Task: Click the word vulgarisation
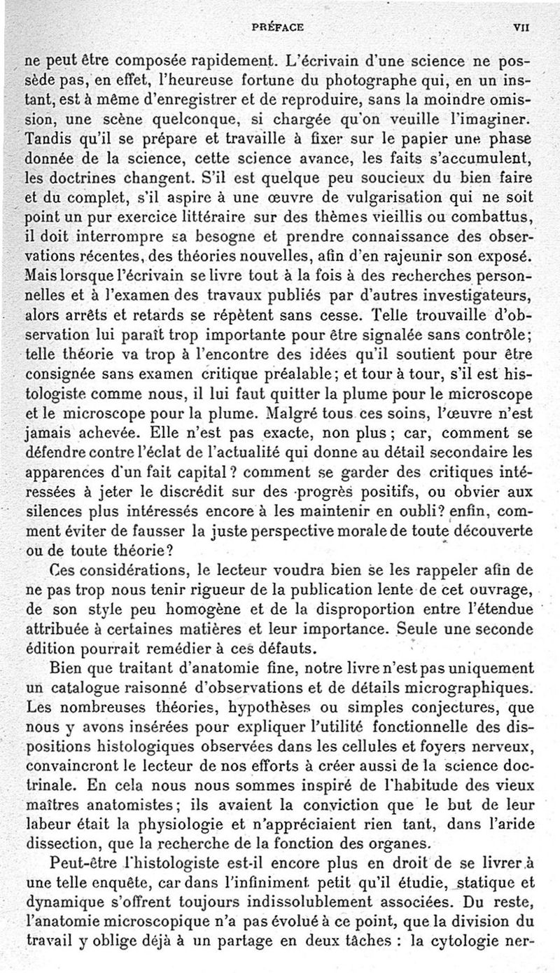(x=404, y=194)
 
